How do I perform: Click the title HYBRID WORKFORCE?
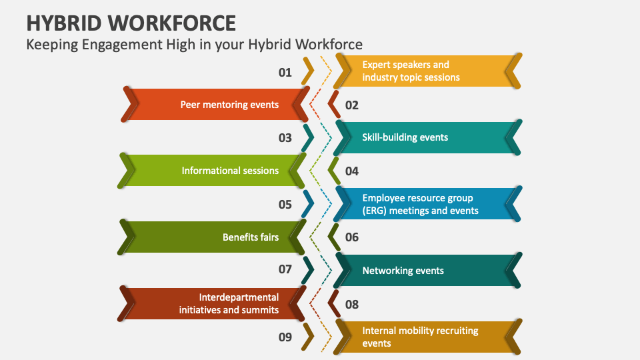[131, 23]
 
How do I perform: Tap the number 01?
[285, 72]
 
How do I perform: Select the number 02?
[352, 105]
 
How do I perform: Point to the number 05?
[285, 204]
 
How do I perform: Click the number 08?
[352, 304]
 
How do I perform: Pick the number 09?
[285, 337]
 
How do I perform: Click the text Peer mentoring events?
[229, 105]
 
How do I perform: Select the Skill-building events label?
[405, 137]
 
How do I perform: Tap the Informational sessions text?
[230, 171]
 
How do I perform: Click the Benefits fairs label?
[251, 237]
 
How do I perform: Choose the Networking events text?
[403, 271]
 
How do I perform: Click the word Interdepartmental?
[239, 297]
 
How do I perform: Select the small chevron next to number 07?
[308, 270]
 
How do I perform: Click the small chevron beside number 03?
[308, 137]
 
